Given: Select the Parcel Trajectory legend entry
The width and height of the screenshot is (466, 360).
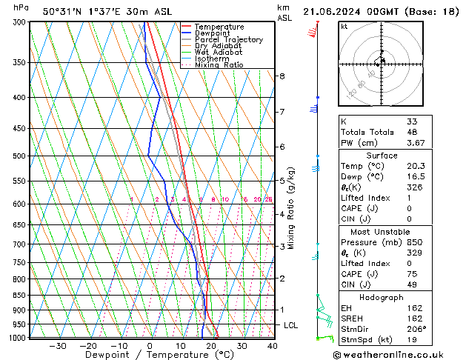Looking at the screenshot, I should click(x=228, y=40).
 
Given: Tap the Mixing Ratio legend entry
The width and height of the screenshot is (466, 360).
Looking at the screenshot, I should click(x=219, y=65).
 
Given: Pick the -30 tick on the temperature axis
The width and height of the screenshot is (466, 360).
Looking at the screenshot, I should click(x=57, y=346).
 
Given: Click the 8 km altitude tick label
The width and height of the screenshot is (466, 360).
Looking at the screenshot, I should click(x=282, y=76).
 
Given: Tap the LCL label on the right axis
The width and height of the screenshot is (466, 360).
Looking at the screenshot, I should click(x=291, y=325).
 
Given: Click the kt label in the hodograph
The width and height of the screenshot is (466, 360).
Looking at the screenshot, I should click(x=344, y=26).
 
